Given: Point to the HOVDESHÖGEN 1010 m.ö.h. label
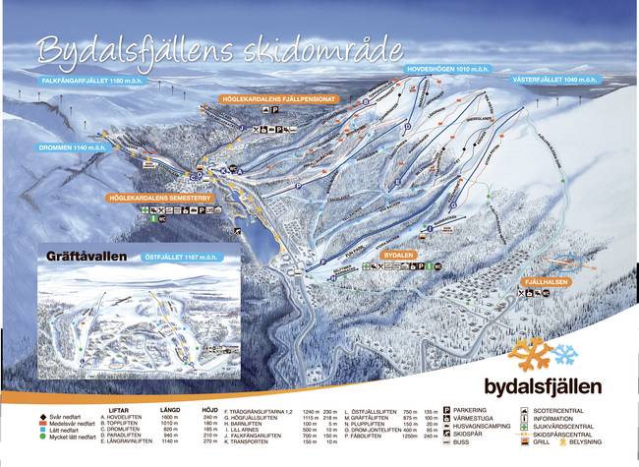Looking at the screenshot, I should pos(451,71).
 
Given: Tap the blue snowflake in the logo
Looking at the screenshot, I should pos(566,353).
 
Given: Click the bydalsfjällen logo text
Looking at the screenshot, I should pos(556,385).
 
